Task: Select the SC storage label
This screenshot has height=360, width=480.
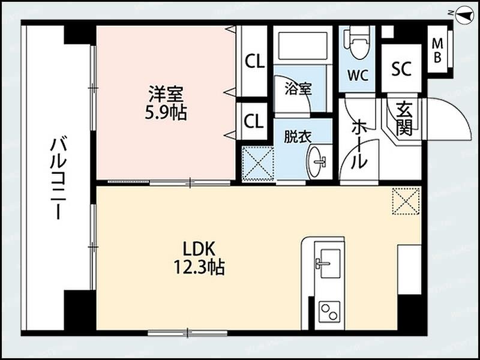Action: tap(401, 69)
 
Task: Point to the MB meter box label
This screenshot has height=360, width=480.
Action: tap(438, 50)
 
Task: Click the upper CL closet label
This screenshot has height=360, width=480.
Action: tap(254, 62)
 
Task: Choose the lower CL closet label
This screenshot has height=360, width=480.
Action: tap(254, 121)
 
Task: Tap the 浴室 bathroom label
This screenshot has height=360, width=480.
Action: tap(298, 89)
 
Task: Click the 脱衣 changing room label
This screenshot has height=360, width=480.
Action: tap(298, 136)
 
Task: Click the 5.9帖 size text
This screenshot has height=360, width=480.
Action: tap(166, 112)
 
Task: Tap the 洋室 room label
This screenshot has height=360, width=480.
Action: tap(166, 94)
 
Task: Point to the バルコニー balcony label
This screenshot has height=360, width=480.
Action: tap(58, 178)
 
